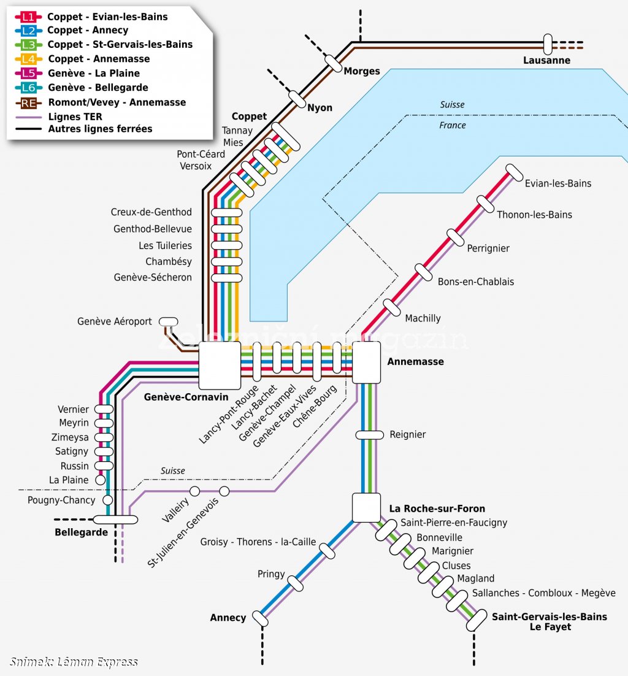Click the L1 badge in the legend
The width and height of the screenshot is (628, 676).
click(x=28, y=17)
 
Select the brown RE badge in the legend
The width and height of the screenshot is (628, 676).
click(x=28, y=103)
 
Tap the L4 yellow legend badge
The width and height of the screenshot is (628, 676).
click(x=28, y=59)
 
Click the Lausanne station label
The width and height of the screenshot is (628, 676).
click(x=546, y=60)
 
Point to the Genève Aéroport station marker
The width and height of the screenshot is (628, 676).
click(x=169, y=321)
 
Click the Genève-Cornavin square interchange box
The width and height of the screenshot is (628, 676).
click(x=220, y=365)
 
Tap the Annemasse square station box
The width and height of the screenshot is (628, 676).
click(x=366, y=362)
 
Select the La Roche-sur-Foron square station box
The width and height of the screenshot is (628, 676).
click(x=366, y=507)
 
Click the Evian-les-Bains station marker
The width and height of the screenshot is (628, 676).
click(x=514, y=172)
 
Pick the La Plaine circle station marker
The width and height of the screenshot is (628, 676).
click(x=101, y=480)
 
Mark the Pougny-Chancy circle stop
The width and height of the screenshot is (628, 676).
click(x=108, y=500)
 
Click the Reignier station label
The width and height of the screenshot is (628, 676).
click(x=407, y=434)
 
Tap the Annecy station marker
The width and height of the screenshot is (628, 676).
click(x=260, y=619)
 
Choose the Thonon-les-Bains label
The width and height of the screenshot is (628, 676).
click(x=534, y=215)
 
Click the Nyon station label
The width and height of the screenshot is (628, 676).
click(x=320, y=108)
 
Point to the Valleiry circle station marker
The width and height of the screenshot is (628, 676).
click(x=195, y=491)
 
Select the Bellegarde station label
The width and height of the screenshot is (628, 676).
click(x=81, y=532)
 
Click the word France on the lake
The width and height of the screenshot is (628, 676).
click(x=453, y=126)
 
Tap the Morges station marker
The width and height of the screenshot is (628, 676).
click(x=333, y=63)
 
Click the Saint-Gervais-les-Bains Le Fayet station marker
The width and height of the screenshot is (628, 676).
click(x=477, y=620)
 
